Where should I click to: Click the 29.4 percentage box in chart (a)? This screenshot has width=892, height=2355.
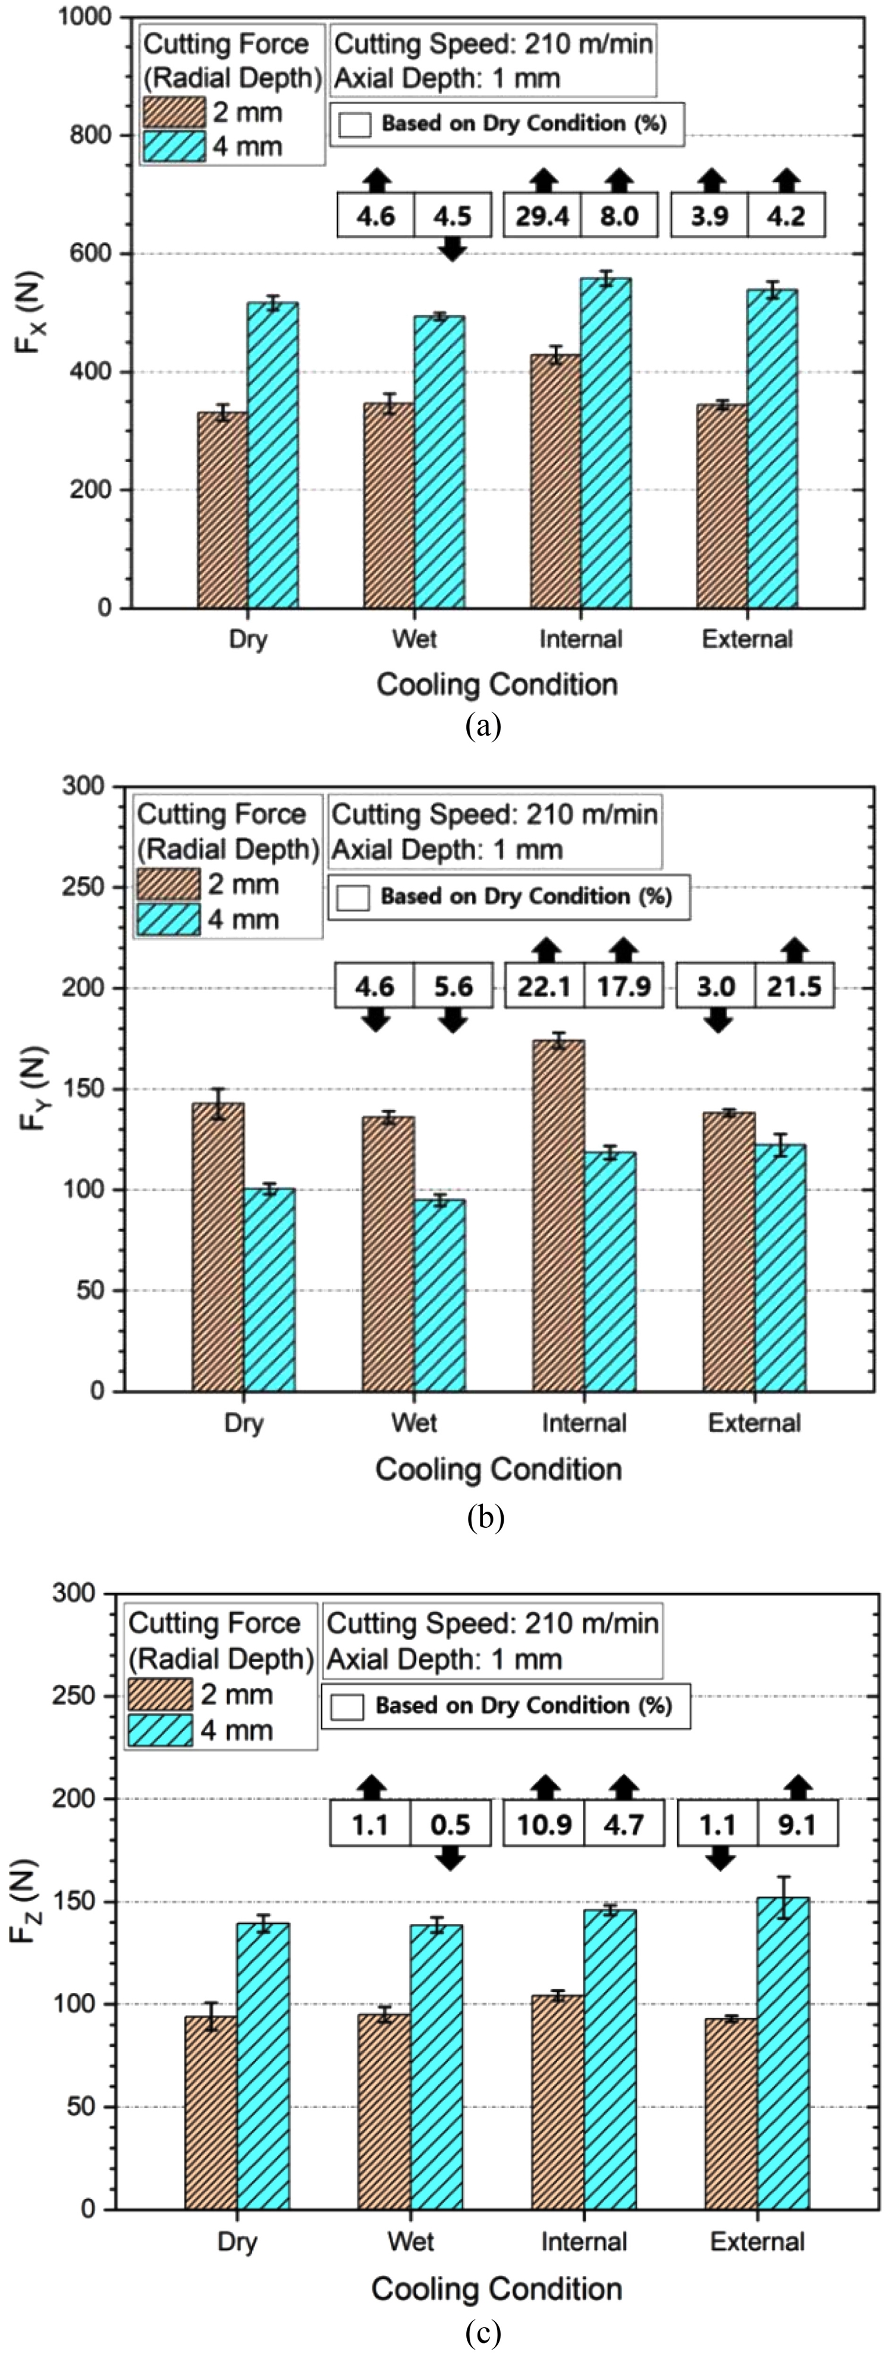click(x=543, y=216)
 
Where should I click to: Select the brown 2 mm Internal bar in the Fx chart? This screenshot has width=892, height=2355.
click(x=555, y=481)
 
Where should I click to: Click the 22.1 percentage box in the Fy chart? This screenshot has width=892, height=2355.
click(x=545, y=987)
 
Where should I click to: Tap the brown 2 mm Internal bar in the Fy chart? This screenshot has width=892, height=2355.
click(x=558, y=1216)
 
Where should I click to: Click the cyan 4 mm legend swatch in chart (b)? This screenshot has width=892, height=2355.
click(x=168, y=919)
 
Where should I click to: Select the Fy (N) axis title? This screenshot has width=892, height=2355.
click(x=33, y=1088)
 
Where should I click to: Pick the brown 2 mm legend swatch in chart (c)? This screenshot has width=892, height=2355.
click(x=160, y=1694)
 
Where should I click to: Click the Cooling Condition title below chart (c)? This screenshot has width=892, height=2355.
click(x=497, y=2288)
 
